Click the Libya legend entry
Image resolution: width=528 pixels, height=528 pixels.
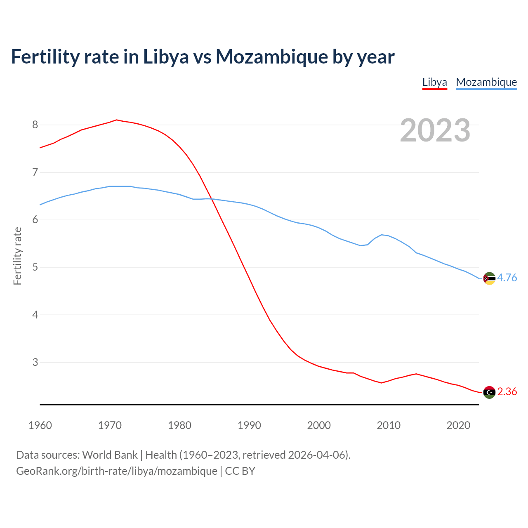[434, 82]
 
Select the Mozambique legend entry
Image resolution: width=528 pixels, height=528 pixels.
[486, 82]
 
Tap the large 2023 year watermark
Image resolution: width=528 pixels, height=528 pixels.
[435, 130]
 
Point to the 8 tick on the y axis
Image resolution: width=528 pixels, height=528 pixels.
[35, 125]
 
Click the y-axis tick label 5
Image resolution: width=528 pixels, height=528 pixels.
[35, 267]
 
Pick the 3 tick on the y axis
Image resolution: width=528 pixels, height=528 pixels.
[35, 362]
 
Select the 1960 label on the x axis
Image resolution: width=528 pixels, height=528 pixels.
[40, 425]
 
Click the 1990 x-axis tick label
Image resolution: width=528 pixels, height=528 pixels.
[249, 425]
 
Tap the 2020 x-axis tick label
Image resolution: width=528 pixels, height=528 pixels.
[458, 425]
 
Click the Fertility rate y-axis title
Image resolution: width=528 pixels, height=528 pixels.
[17, 256]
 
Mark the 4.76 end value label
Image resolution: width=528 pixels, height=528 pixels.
[507, 278]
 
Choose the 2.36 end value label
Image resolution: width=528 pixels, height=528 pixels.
[507, 392]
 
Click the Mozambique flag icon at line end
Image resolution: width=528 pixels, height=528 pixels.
[489, 278]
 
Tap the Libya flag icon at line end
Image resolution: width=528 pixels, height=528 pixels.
[489, 392]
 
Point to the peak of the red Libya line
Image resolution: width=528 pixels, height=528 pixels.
[116, 120]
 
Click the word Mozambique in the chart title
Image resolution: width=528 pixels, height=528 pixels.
[271, 57]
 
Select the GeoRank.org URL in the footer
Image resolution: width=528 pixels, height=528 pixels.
[117, 471]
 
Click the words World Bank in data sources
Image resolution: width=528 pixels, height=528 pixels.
[110, 455]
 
